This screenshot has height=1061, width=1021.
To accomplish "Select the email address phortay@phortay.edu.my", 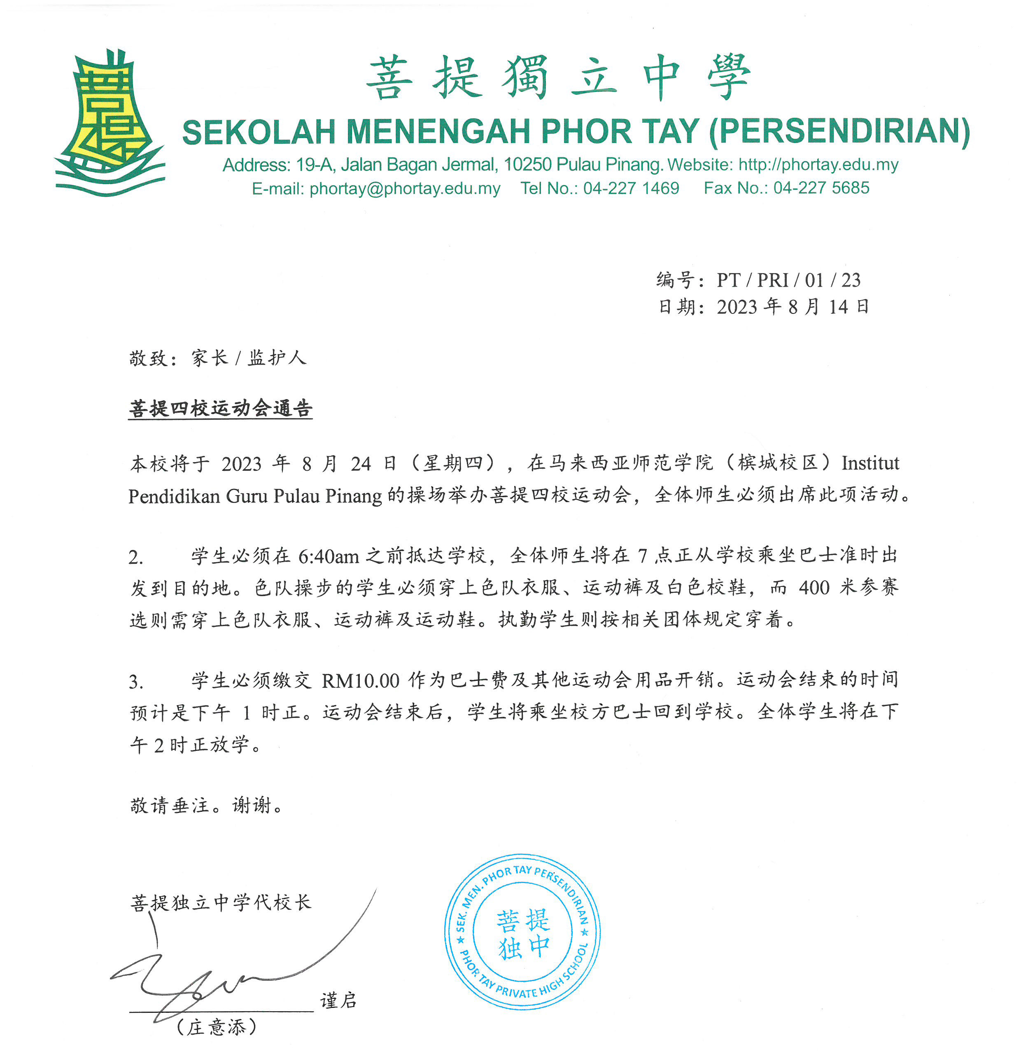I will point(404,188).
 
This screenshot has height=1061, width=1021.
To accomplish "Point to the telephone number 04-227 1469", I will point(631,188).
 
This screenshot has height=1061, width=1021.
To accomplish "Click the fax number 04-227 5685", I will point(821,188).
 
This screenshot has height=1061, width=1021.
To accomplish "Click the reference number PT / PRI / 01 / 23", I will point(788,280).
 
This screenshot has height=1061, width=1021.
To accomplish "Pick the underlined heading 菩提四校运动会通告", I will point(220,408).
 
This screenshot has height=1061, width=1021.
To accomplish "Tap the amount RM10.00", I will point(360,680).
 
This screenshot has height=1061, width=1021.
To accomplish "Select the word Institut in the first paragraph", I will point(870,463).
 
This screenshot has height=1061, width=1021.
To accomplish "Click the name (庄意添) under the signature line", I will point(217,1027).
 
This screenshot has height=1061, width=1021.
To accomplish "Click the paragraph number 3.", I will point(135,682).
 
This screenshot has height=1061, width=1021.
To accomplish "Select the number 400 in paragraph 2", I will point(814,587).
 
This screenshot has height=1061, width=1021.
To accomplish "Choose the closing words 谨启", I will point(338,1000).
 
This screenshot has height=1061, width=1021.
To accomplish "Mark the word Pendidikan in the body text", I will point(174,496).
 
